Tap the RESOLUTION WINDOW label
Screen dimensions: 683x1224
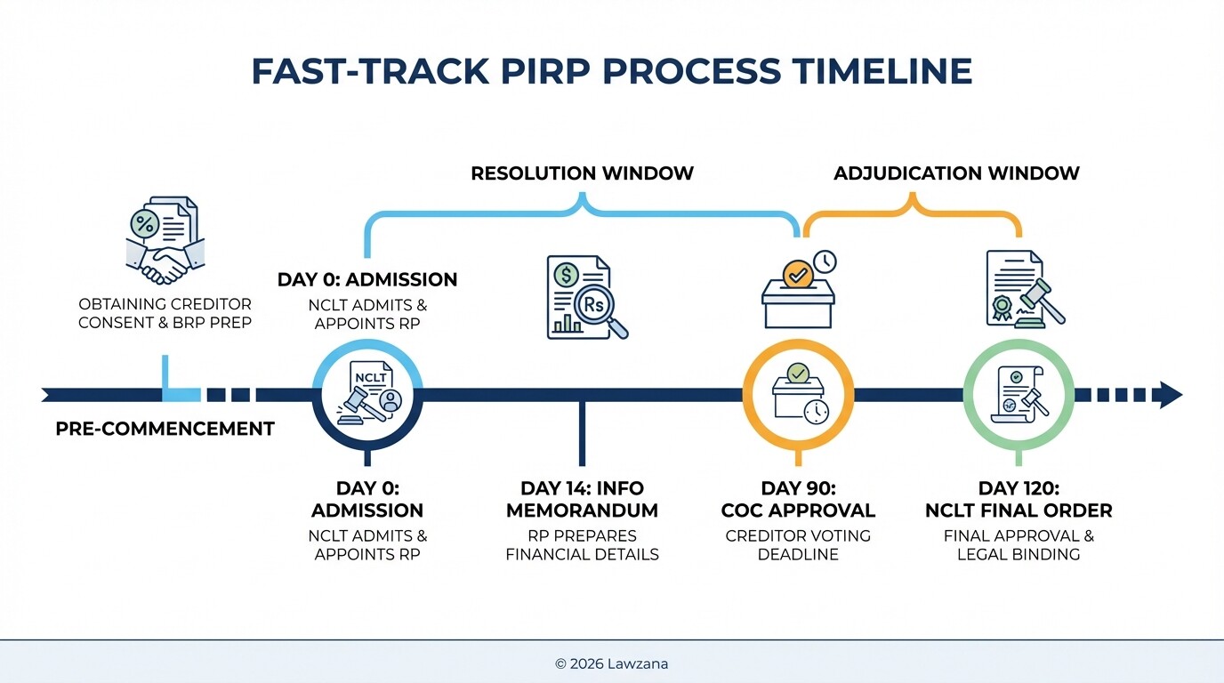click(x=582, y=173)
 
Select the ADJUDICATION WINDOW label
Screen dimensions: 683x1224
click(x=956, y=173)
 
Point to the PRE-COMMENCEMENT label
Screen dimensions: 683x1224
click(x=165, y=429)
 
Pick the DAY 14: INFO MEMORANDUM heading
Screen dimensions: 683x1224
click(x=582, y=500)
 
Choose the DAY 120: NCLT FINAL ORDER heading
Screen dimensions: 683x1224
click(x=1019, y=500)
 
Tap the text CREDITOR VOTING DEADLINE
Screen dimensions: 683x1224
click(x=797, y=545)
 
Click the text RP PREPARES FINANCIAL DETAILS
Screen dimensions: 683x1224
click(x=582, y=545)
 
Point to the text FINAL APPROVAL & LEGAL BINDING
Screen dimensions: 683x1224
click(x=1019, y=545)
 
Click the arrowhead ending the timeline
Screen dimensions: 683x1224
click(x=1169, y=394)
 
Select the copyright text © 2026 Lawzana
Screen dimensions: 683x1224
click(x=611, y=663)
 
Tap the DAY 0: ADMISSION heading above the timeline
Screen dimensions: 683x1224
click(x=367, y=279)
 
